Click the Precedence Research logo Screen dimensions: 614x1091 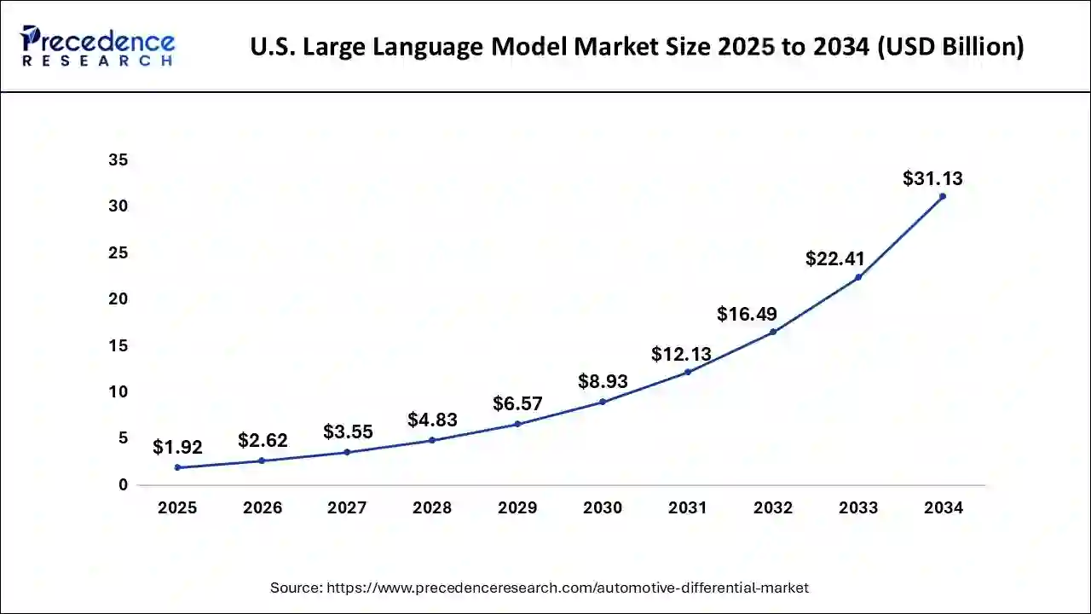[97, 46]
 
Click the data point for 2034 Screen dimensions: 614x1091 [942, 196]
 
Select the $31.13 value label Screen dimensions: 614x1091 [932, 178]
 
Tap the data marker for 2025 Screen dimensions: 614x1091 [176, 467]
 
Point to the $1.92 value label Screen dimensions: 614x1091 [177, 447]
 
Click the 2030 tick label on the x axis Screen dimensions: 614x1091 [603, 508]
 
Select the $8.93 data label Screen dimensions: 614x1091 [603, 381]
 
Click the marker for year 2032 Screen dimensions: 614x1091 [772, 332]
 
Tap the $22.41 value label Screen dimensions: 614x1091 [835, 258]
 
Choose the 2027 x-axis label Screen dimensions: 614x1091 [347, 508]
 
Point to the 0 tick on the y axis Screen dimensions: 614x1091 [123, 485]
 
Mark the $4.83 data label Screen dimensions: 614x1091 [432, 420]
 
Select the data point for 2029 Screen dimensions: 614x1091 [517, 424]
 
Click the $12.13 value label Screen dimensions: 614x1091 [681, 354]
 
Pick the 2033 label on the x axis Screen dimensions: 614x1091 [857, 508]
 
